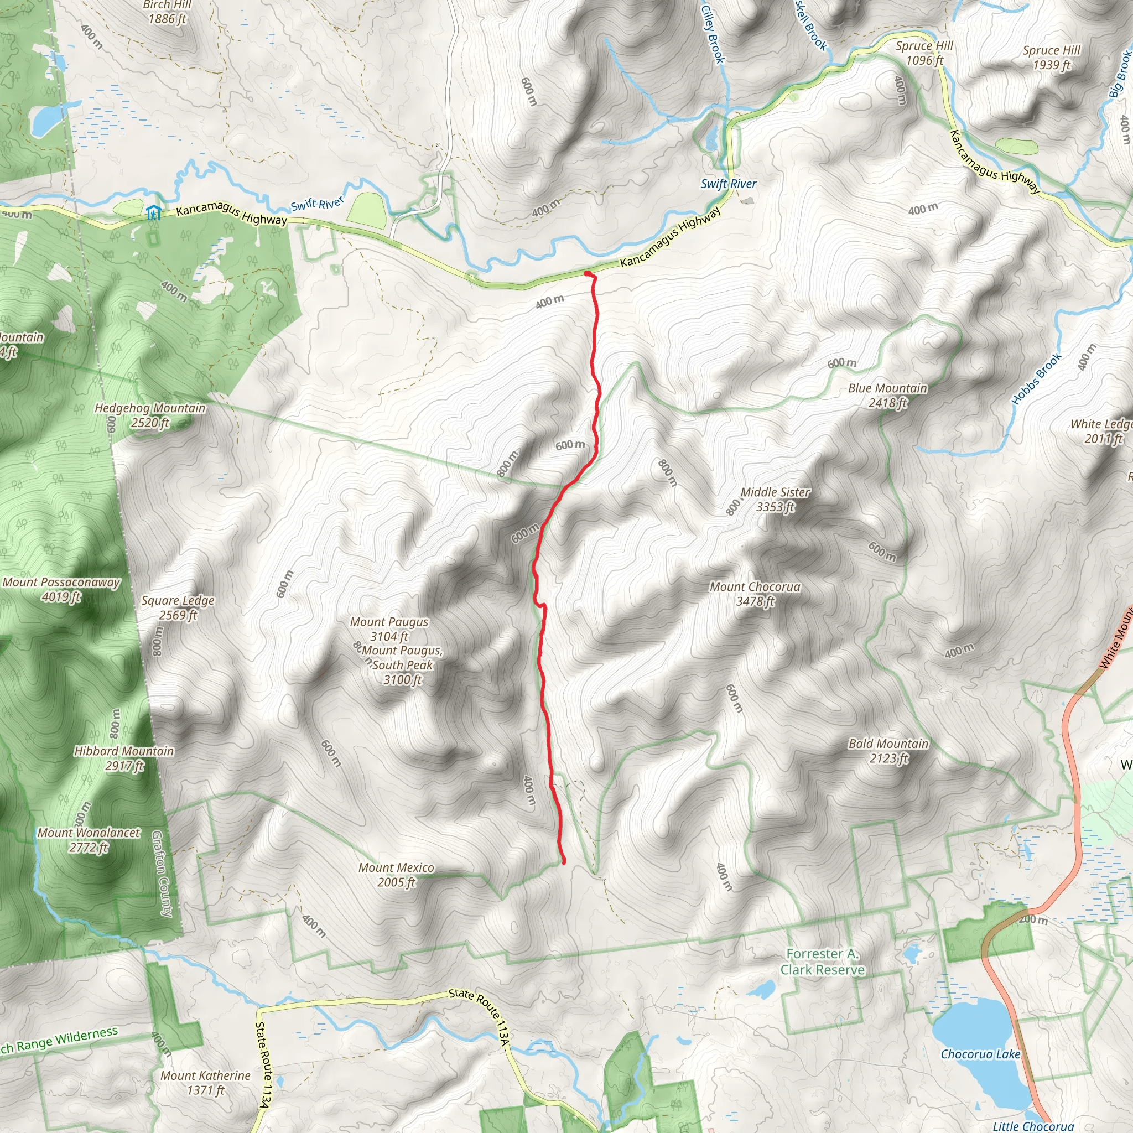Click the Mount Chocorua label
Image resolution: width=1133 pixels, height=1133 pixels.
(x=755, y=594)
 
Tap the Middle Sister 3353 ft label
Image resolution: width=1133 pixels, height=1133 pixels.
(x=775, y=499)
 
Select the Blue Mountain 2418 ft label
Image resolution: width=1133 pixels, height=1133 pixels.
(x=888, y=395)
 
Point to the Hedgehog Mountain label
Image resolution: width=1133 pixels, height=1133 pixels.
(x=150, y=414)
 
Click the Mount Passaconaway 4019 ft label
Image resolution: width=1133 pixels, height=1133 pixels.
(x=61, y=589)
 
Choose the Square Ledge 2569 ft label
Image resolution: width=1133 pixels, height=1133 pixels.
(x=178, y=607)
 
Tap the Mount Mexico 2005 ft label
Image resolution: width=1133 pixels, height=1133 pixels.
(x=397, y=875)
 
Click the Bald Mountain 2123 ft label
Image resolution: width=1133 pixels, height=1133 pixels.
(x=888, y=751)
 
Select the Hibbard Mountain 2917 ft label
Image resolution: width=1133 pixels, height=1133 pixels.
(x=124, y=758)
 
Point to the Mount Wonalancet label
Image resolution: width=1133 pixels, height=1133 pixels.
(x=89, y=840)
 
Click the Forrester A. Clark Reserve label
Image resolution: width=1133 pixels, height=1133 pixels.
(x=822, y=962)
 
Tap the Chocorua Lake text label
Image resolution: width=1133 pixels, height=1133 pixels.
(x=980, y=1054)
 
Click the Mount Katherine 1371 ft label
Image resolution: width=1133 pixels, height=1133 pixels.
(x=206, y=1083)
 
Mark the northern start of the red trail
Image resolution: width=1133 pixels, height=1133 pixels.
(x=587, y=273)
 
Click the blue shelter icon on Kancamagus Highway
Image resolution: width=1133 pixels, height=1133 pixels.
(x=154, y=213)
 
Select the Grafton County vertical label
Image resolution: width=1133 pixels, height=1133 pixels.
(x=163, y=873)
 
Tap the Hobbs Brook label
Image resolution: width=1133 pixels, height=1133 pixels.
(x=1037, y=379)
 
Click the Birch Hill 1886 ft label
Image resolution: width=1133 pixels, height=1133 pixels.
(x=168, y=12)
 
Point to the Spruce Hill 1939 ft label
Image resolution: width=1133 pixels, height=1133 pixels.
(x=1052, y=58)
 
